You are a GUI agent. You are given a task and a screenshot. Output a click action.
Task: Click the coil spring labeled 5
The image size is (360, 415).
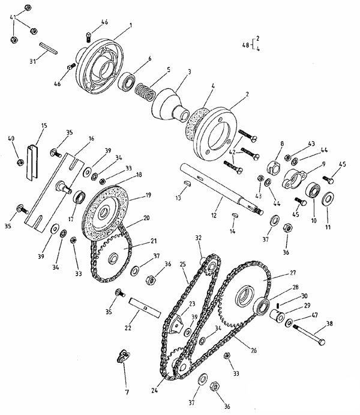coord(145,91)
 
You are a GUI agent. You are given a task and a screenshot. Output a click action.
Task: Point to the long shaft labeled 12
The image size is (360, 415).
coord(221,189)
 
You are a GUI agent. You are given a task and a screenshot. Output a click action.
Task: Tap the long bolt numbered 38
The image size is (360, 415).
coord(309,335)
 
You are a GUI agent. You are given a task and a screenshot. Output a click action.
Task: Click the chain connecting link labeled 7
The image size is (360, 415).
coord(124,356)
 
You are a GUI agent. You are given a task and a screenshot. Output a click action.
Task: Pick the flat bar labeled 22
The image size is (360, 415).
coord(145,307)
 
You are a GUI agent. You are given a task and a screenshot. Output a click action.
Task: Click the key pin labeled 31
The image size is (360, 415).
coord(49,48)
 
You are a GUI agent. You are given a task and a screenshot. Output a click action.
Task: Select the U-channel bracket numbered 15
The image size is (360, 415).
coord(32,163)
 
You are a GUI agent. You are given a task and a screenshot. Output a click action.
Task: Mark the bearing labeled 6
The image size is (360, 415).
coord(127,82)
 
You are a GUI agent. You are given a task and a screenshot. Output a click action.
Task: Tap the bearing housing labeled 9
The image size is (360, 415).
coord(294,179)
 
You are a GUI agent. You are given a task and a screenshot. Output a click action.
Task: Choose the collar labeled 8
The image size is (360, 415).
coord(274,168)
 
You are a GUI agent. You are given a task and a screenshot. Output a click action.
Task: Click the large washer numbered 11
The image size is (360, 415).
coord(328,199)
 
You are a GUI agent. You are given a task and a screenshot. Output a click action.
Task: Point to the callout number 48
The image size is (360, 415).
coord(245,45)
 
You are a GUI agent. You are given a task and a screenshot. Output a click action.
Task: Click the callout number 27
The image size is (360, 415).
coord(293,273)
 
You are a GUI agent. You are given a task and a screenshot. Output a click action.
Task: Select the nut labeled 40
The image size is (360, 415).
coord(20,162)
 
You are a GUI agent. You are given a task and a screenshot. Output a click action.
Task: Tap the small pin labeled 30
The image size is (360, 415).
coord(278,306)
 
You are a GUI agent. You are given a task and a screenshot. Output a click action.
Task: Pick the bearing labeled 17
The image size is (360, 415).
coord(79,197)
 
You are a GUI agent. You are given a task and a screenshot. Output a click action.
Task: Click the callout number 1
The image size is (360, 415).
coord(131,25)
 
